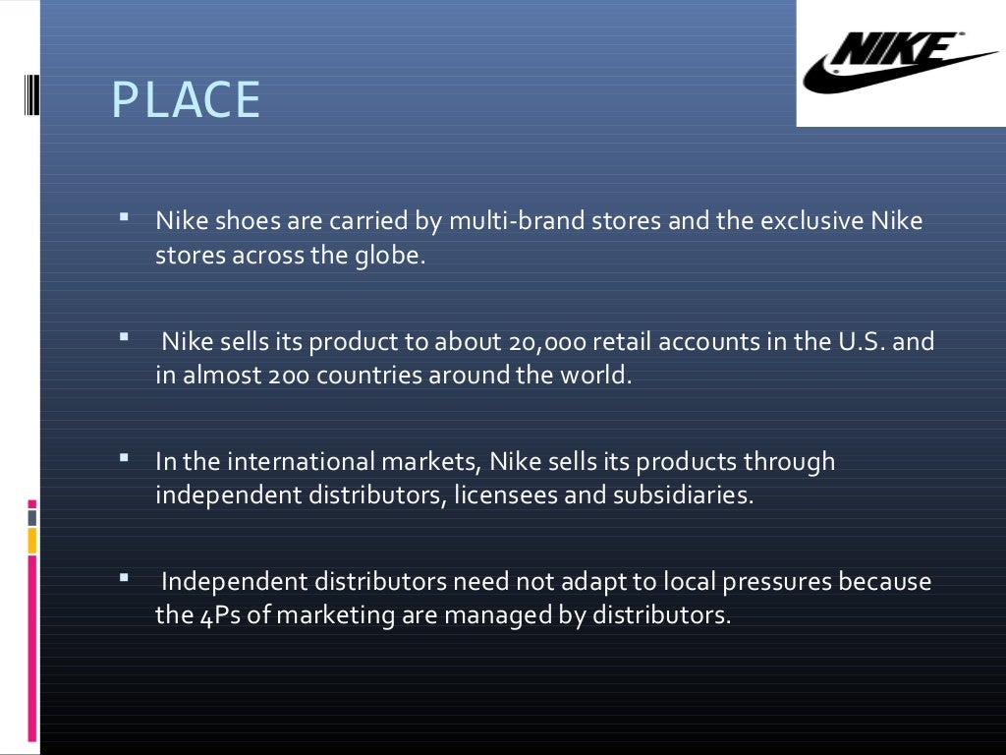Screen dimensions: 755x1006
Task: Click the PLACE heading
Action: pyautogui.click(x=186, y=100)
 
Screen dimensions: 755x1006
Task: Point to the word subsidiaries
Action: pyautogui.click(x=683, y=494)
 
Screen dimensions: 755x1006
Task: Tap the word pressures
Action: pyautogui.click(x=776, y=582)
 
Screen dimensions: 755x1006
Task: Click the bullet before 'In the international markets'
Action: pyautogui.click(x=125, y=457)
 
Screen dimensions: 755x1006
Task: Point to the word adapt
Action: pyautogui.click(x=593, y=582)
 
